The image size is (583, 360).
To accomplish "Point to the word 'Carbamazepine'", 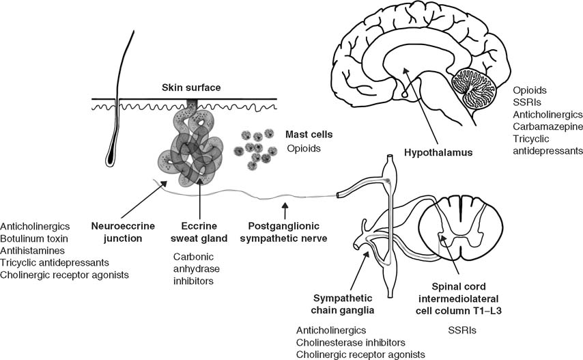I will coord(548,126).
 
